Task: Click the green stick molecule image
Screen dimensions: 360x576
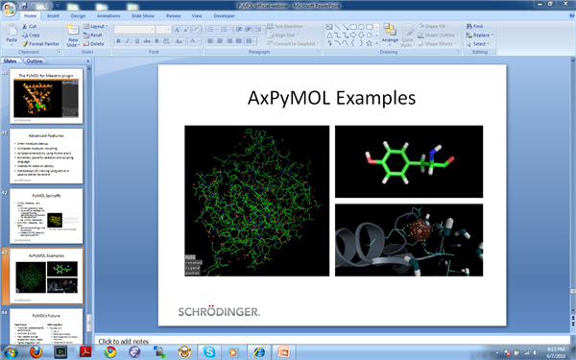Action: click(408, 159)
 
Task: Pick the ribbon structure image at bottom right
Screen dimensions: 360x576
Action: click(408, 239)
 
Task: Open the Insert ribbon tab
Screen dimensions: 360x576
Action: click(53, 15)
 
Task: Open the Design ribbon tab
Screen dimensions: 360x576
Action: click(78, 15)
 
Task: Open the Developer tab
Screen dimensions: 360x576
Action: click(223, 15)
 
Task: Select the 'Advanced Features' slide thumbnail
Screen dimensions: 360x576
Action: click(48, 155)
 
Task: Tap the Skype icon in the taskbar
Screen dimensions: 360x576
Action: click(209, 351)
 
